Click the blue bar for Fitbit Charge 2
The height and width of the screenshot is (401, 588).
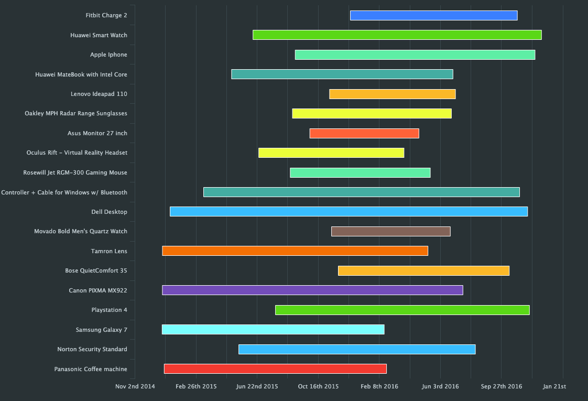[433, 16]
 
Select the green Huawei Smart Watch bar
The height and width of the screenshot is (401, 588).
[397, 35]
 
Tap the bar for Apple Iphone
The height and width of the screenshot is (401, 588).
[415, 55]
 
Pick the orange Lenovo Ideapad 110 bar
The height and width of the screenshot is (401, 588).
[392, 94]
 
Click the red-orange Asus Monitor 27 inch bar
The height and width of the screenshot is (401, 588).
[364, 133]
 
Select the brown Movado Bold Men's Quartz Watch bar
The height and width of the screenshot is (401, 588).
[390, 232]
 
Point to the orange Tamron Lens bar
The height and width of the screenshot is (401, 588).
[295, 251]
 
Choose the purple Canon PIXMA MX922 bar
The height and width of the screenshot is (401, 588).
[312, 290]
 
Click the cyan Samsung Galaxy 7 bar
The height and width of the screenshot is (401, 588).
[273, 330]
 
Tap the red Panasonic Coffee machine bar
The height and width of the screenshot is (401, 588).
[275, 369]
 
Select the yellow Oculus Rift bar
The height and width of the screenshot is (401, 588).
[331, 153]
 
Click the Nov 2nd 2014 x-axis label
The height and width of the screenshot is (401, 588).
[135, 387]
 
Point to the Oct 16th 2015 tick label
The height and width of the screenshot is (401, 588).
[318, 387]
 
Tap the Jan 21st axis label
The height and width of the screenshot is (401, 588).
[554, 387]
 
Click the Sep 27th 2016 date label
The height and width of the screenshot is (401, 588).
[502, 387]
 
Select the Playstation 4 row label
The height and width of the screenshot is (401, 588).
[109, 310]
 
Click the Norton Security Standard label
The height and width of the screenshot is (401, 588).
[92, 350]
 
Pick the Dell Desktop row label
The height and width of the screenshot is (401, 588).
[109, 212]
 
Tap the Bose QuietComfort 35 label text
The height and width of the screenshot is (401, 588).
[96, 271]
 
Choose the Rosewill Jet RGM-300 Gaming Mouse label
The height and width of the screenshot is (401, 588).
[75, 173]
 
